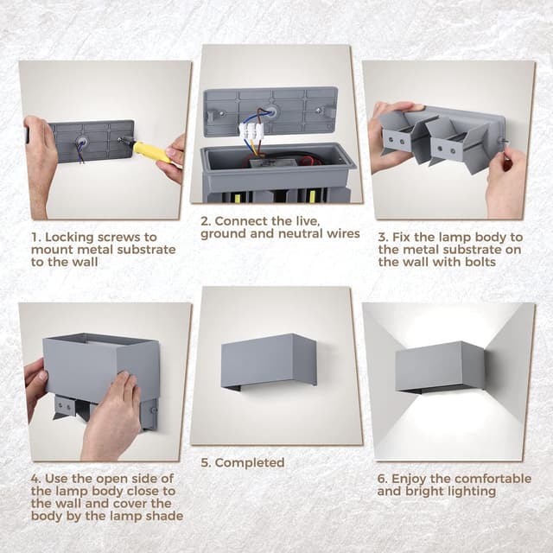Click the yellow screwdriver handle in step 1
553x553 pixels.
tap(152, 152)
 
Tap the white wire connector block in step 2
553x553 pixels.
tap(251, 130)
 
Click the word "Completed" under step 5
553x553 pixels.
tap(250, 463)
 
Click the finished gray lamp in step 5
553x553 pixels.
tap(269, 361)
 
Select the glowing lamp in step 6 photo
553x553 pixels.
tap(440, 367)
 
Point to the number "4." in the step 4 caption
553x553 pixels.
tap(36, 479)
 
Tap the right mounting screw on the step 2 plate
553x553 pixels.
tap(319, 111)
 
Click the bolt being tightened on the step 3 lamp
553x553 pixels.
tap(504, 142)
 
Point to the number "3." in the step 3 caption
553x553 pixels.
tap(384, 238)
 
